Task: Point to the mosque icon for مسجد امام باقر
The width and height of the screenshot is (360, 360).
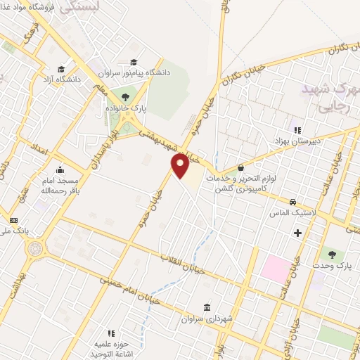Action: point(59,169)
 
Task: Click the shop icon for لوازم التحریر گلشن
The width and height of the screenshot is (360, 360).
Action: point(241,168)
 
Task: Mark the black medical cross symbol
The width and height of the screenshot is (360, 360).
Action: point(297,233)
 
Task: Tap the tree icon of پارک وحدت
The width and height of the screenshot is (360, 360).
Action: point(331,254)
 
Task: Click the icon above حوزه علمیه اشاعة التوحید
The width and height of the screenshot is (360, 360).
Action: point(110,333)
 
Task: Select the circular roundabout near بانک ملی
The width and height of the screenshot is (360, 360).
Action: point(33,248)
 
